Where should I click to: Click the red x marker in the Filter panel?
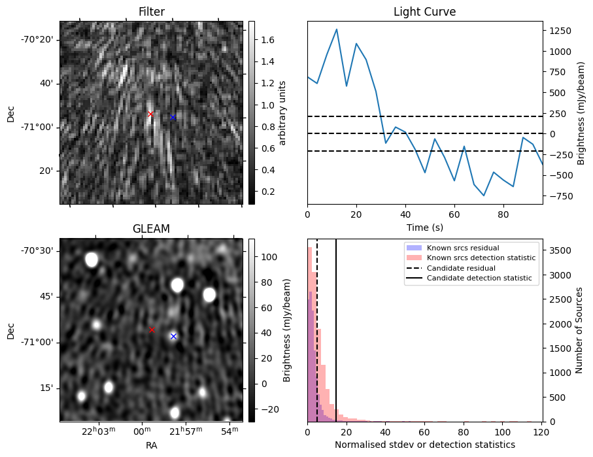[150, 114]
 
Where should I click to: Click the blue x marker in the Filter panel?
[173, 118]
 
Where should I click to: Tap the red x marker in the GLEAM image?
[152, 330]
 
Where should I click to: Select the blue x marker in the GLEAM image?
[173, 336]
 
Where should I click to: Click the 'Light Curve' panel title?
[424, 12]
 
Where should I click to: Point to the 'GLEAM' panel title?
[151, 228]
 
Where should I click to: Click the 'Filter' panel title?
[151, 12]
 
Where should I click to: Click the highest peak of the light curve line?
[337, 29]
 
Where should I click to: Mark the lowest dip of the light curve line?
[484, 195]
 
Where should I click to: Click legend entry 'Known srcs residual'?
[462, 248]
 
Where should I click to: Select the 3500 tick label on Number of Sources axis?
[560, 250]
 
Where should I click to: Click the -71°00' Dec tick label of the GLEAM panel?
[40, 342]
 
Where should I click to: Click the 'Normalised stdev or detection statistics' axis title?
[424, 445]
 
